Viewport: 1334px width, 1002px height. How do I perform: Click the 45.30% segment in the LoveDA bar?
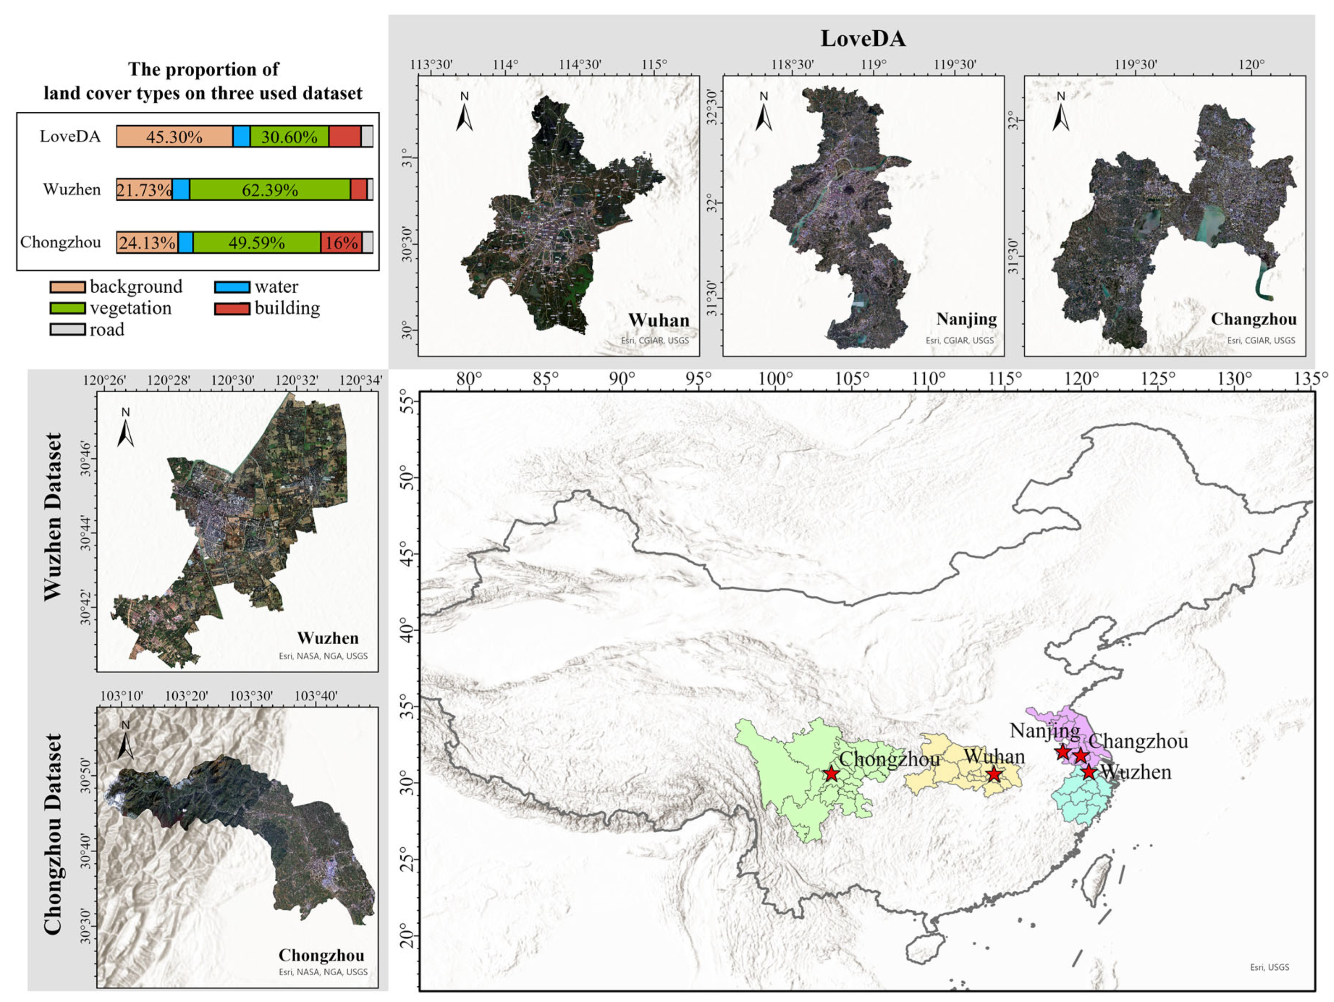174,137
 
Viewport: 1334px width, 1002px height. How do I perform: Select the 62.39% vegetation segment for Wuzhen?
270,190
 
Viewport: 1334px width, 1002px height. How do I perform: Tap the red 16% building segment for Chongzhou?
341,242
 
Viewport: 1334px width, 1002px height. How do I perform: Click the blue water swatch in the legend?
232,287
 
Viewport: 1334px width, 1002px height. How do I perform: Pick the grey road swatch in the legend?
67,330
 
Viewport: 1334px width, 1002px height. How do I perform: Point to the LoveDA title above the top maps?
862,38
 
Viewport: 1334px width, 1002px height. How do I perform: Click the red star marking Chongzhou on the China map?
832,774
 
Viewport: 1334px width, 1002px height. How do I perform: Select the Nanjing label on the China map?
1045,731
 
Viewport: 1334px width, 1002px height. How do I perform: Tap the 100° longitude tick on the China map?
776,380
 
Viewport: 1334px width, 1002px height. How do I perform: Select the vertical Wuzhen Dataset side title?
53,517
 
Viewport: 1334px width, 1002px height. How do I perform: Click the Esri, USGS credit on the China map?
1269,967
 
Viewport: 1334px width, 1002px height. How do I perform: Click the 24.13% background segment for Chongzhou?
147,242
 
